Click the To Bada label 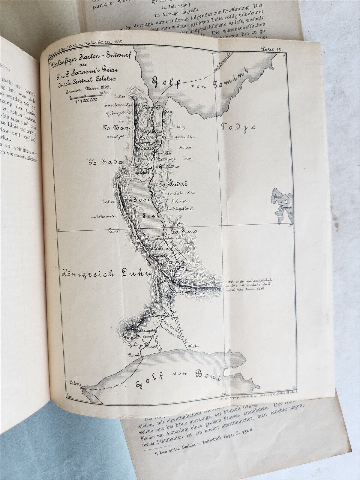pos(105,162)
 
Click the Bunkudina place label pos(169,166)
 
